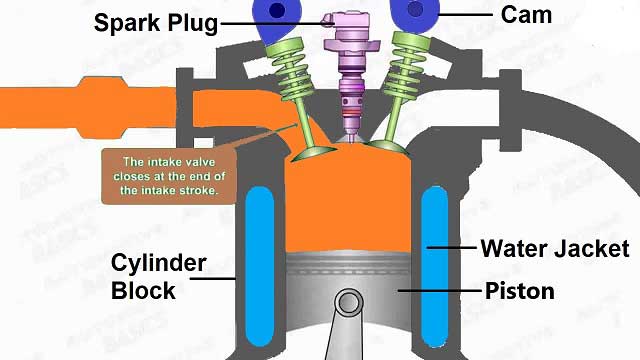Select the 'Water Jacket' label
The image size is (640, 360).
pos(556,248)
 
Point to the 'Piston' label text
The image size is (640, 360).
pos(519,292)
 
